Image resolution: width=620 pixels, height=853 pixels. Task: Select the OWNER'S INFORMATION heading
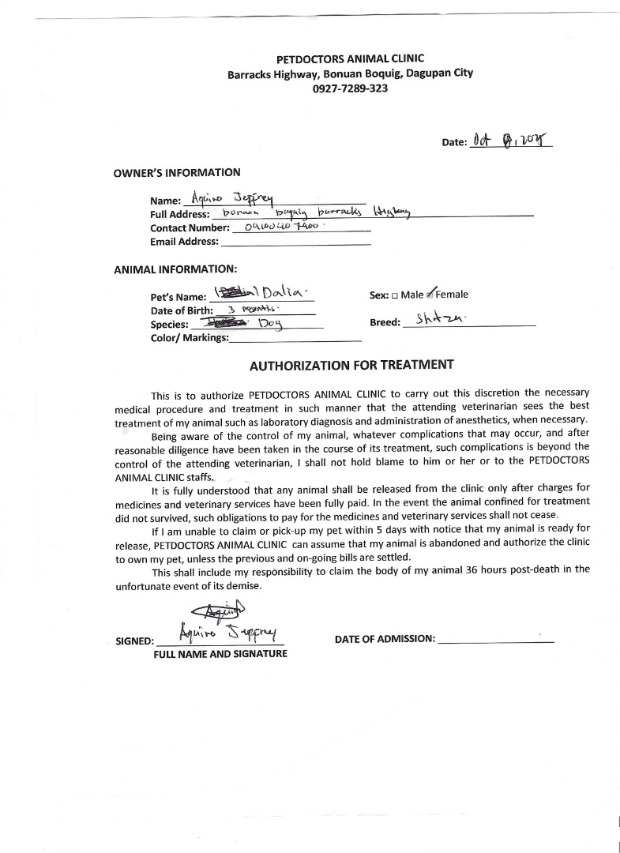pyautogui.click(x=177, y=172)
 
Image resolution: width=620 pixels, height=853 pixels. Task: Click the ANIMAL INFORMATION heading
pyautogui.click(x=175, y=269)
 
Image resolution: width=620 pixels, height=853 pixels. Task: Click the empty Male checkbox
pyautogui.click(x=395, y=295)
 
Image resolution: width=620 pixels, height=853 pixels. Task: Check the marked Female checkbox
pyautogui.click(x=430, y=295)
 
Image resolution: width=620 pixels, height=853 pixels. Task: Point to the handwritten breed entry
pyautogui.click(x=442, y=320)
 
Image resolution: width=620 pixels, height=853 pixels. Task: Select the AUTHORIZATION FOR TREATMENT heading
pyautogui.click(x=351, y=365)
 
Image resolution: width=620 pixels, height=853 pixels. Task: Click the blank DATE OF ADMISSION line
pyautogui.click(x=495, y=640)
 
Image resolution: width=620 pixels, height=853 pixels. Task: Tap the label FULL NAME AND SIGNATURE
pyautogui.click(x=220, y=654)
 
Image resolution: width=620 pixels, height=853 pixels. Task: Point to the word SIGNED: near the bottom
pyautogui.click(x=134, y=641)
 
